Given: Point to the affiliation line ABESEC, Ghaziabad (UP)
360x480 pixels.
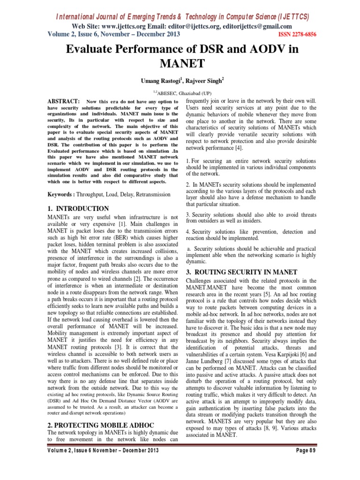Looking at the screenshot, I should coord(180,94).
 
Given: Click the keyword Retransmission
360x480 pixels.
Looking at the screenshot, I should coord(149,194).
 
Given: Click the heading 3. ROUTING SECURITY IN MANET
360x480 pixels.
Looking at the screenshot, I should coord(241,271).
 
